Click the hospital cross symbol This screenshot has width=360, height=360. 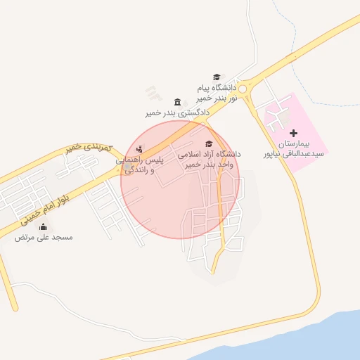tap(293, 133)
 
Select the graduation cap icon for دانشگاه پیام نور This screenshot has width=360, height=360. tap(217, 77)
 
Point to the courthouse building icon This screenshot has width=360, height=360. tap(176, 103)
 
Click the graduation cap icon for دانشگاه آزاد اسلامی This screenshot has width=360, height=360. tap(208, 143)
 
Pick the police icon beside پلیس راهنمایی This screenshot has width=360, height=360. tap(139, 149)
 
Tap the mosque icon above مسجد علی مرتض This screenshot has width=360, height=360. tap(44, 226)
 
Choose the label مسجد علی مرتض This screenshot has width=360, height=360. tap(44, 238)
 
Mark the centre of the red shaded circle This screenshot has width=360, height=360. tap(180, 180)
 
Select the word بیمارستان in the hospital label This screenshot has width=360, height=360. tap(303, 143)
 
